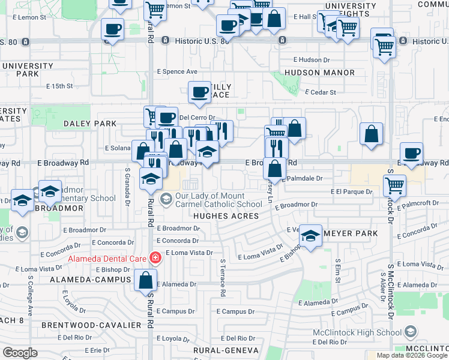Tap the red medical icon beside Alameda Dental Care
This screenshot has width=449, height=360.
click(x=155, y=259)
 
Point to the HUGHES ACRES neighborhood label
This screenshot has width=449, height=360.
click(x=226, y=216)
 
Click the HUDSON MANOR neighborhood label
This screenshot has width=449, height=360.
click(x=328, y=73)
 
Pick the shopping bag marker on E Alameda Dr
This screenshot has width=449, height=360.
click(x=145, y=280)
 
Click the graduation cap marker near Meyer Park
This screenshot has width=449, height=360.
click(x=311, y=236)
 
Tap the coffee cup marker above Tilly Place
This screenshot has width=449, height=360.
click(x=199, y=92)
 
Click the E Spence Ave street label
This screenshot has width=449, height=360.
click(x=177, y=71)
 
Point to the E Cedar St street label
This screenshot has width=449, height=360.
click(x=321, y=92)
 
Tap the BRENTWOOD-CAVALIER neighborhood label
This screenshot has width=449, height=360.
click(x=91, y=325)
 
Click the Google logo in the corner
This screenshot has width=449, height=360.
click(x=20, y=353)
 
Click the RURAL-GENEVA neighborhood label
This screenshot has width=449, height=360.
click(x=226, y=350)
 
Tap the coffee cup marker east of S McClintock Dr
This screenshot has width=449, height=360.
click(x=411, y=153)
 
